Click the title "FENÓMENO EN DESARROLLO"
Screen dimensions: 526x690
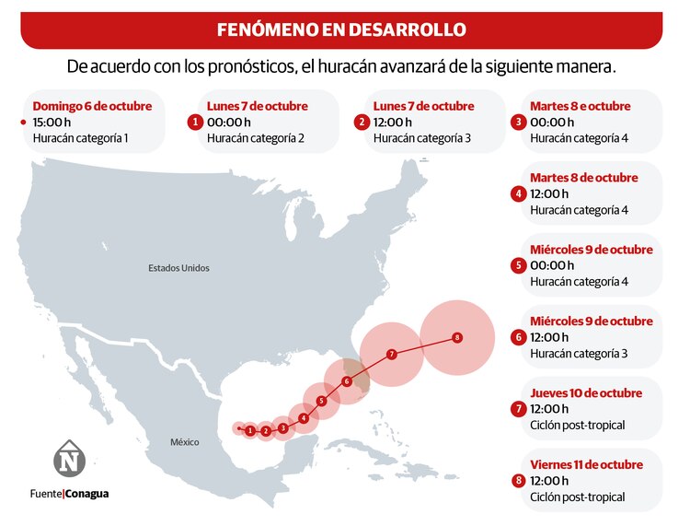(x=341, y=29)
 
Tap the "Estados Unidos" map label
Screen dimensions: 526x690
(x=178, y=268)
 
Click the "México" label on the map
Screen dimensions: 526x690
(x=184, y=442)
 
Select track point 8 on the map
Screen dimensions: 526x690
(x=457, y=338)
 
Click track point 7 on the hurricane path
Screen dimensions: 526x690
(x=391, y=355)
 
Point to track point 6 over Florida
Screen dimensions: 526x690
(x=347, y=381)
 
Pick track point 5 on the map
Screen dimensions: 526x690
(x=321, y=401)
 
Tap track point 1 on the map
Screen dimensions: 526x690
(x=250, y=430)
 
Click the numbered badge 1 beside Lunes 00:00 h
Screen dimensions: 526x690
(x=194, y=122)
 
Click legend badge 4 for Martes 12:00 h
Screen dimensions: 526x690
(x=519, y=193)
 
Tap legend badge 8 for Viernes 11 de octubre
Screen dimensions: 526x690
(x=519, y=481)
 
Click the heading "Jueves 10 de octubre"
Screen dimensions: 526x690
(x=586, y=393)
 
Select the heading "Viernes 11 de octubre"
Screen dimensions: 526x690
(x=586, y=464)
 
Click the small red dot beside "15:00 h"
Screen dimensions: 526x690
(x=23, y=122)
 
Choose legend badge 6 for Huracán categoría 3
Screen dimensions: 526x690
(x=519, y=337)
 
